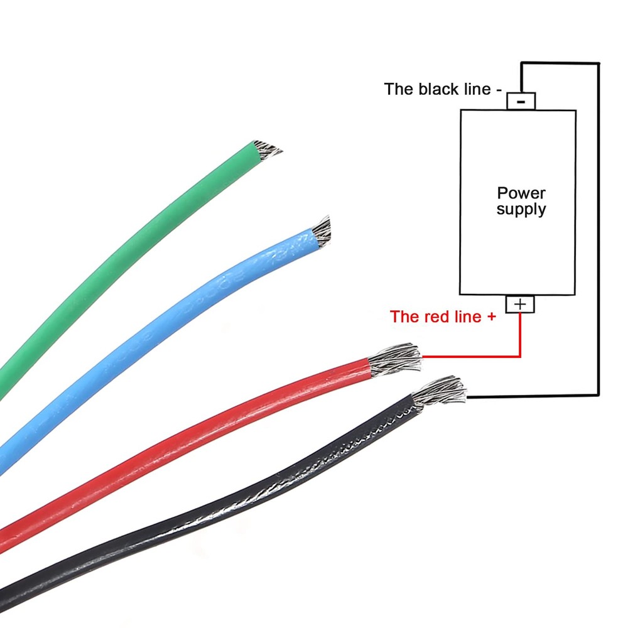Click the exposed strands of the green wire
[x=266, y=148]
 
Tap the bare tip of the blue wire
[x=321, y=232]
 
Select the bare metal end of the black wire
[x=441, y=391]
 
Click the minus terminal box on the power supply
[x=521, y=100]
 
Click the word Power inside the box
[x=521, y=193]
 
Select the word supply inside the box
[x=521, y=209]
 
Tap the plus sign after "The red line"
[x=491, y=317]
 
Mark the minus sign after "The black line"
[x=499, y=90]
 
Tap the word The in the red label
[x=403, y=317]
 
